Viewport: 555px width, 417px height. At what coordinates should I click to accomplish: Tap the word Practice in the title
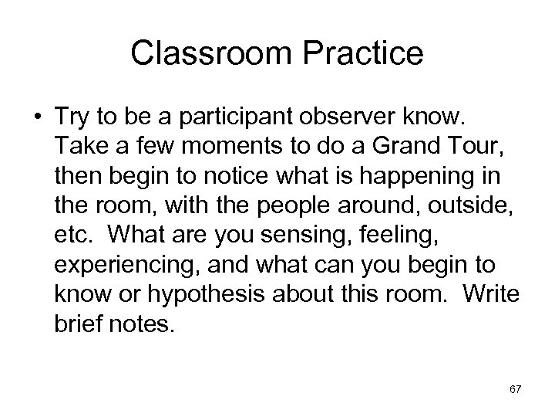pyautogui.click(x=358, y=54)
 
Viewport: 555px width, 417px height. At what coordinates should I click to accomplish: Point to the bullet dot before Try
pyautogui.click(x=37, y=116)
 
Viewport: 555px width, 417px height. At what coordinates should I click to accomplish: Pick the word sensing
pyautogui.click(x=299, y=232)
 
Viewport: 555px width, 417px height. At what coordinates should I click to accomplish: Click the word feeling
pyautogui.click(x=394, y=232)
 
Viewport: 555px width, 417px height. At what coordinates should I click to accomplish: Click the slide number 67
pyautogui.click(x=516, y=391)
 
